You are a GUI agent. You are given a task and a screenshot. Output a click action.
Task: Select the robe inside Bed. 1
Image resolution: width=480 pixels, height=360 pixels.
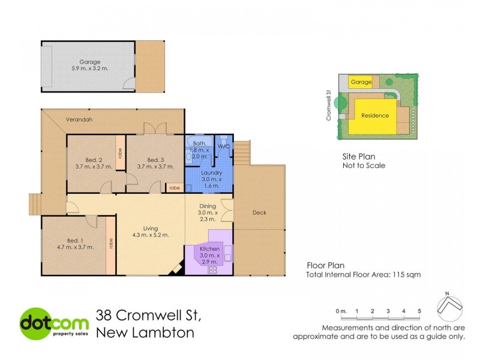(x=110, y=244)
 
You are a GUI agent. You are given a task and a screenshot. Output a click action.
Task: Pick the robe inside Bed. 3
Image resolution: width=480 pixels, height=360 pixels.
(x=175, y=188)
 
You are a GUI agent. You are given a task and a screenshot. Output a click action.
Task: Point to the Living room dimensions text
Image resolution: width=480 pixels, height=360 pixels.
(x=151, y=235)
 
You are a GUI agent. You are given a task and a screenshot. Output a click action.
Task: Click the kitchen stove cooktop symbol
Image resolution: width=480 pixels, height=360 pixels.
(x=212, y=270)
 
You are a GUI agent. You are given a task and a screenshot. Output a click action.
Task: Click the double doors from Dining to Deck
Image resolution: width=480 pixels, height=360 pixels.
(x=227, y=212)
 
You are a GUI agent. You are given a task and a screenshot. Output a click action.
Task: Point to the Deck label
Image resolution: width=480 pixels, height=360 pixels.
(x=259, y=213)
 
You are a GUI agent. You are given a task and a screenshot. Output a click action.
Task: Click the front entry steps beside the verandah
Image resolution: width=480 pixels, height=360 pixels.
(x=34, y=205)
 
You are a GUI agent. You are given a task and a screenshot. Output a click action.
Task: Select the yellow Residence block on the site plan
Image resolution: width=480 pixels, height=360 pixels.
(x=375, y=116)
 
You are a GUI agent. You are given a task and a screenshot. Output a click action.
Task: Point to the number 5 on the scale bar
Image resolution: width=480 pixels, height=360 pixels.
(x=419, y=311)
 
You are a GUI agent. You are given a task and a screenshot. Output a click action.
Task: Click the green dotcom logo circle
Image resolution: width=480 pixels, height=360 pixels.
(x=35, y=323)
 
